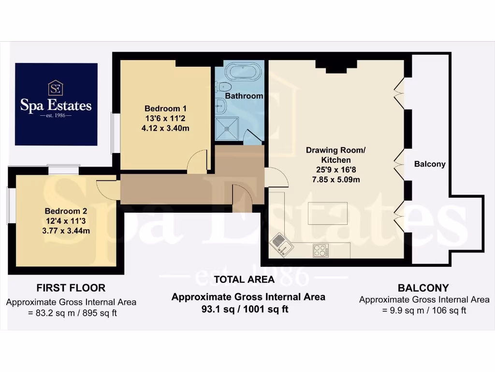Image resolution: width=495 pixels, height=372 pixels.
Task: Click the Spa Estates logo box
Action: point(56,104)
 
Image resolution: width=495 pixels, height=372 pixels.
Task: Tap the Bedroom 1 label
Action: point(165,108)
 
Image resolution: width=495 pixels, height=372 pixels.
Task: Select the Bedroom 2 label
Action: point(66,211)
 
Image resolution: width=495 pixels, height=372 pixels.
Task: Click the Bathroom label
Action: point(245,96)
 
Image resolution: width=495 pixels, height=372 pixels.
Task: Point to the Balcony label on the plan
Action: point(430,164)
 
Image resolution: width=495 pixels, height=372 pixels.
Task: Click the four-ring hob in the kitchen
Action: point(320,251)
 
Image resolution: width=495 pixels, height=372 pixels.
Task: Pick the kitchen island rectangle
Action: point(327,213)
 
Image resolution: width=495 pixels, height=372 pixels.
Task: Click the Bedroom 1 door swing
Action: point(198,163)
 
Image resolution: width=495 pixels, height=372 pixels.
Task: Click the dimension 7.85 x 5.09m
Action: point(335,180)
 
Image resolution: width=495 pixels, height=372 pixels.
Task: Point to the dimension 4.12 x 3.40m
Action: point(165,129)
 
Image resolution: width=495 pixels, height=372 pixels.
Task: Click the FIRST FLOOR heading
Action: point(71,288)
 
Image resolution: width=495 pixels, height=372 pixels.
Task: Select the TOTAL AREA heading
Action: point(244,279)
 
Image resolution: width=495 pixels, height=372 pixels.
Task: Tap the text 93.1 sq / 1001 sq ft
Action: point(245,309)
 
